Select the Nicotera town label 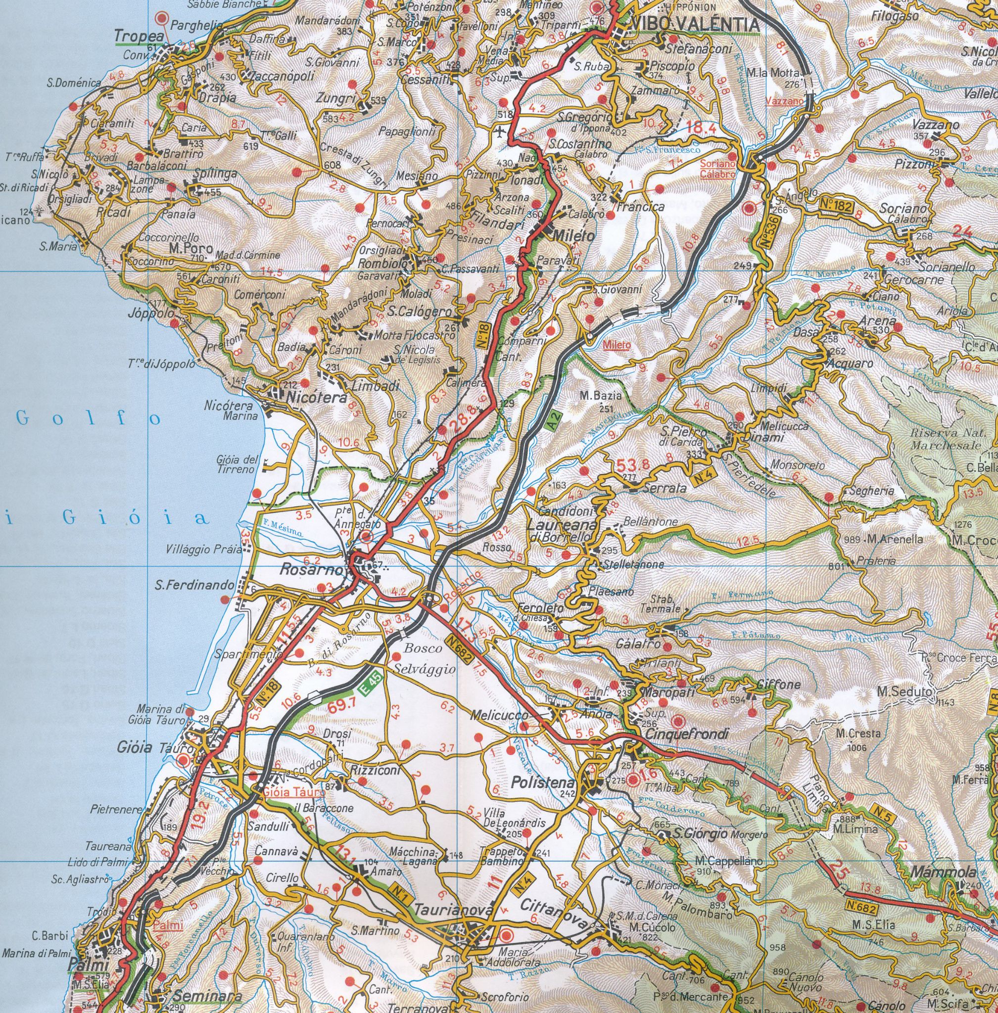pyautogui.click(x=317, y=398)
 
